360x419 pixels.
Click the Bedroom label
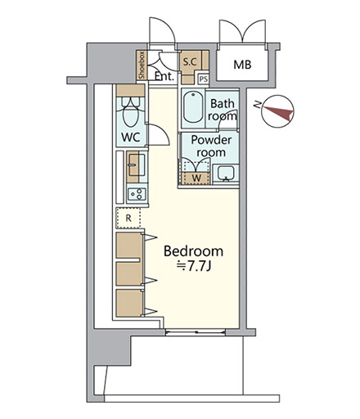pyautogui.click(x=193, y=251)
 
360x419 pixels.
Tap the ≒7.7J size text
pyautogui.click(x=193, y=266)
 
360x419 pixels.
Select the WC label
pyautogui.click(x=131, y=137)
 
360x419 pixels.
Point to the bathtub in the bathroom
pyautogui.click(x=193, y=107)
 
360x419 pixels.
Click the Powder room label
pyautogui.click(x=211, y=146)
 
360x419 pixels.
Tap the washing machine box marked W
pyautogui.click(x=196, y=178)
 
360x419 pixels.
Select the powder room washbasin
pyautogui.click(x=225, y=173)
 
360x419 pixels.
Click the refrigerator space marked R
pyautogui.click(x=128, y=218)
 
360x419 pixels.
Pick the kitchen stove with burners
pyautogui.click(x=137, y=194)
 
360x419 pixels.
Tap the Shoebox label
pyautogui.click(x=142, y=65)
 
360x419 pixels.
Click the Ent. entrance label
pyautogui.click(x=164, y=76)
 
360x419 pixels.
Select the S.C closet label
pyautogui.click(x=190, y=61)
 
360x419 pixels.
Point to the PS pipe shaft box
pyautogui.click(x=203, y=79)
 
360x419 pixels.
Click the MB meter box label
pyautogui.click(x=242, y=65)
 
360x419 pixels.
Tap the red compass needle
pyautogui.click(x=278, y=113)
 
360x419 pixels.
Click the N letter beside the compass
pyautogui.click(x=257, y=105)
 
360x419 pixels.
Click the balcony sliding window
pyautogui.click(x=196, y=332)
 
